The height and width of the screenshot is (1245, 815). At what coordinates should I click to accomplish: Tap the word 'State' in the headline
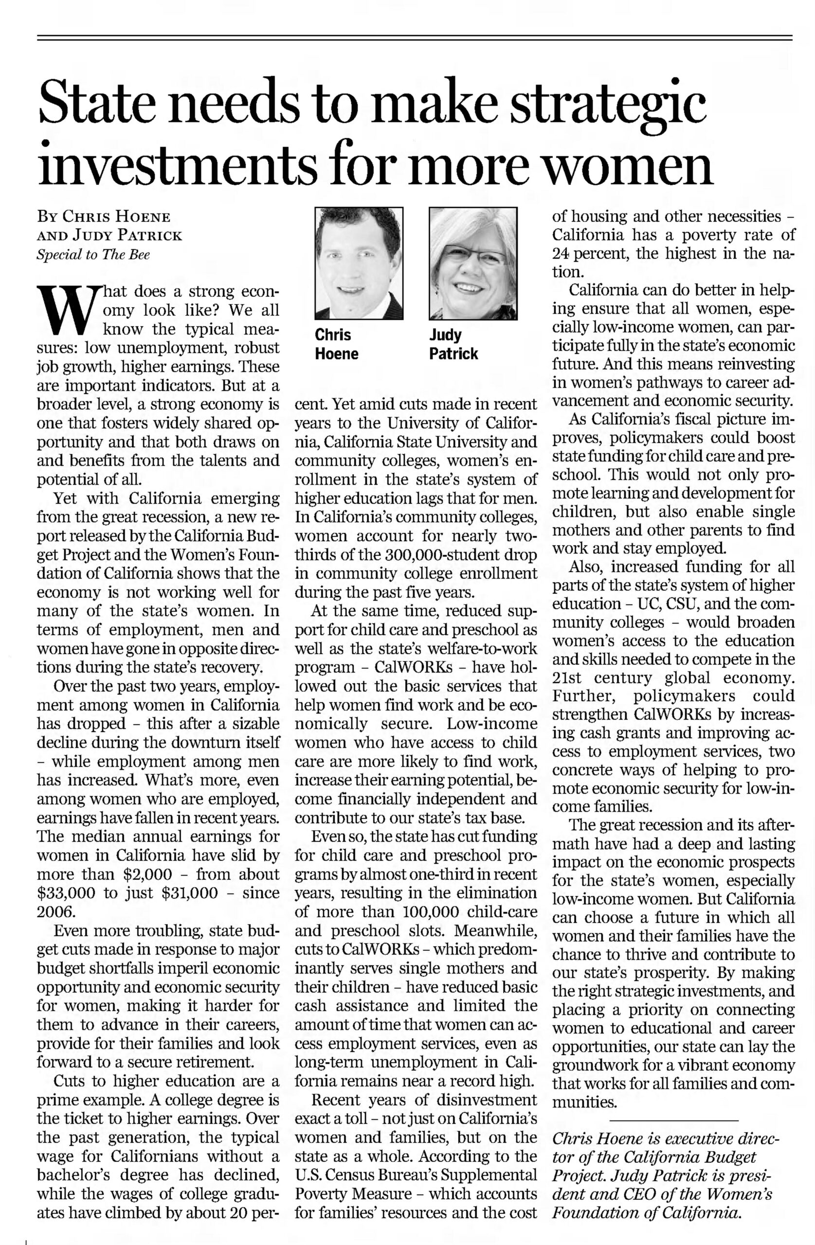coord(98,102)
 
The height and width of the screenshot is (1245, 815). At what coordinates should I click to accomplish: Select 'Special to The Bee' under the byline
coord(93,255)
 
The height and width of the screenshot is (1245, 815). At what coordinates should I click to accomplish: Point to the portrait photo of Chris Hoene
coord(359,263)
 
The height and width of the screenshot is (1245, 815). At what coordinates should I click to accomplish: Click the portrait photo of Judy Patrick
coord(472,263)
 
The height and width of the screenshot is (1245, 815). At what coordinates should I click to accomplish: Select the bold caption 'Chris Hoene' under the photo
coord(336,344)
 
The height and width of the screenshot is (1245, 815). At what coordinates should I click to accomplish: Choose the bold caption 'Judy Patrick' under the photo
coord(453,344)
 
